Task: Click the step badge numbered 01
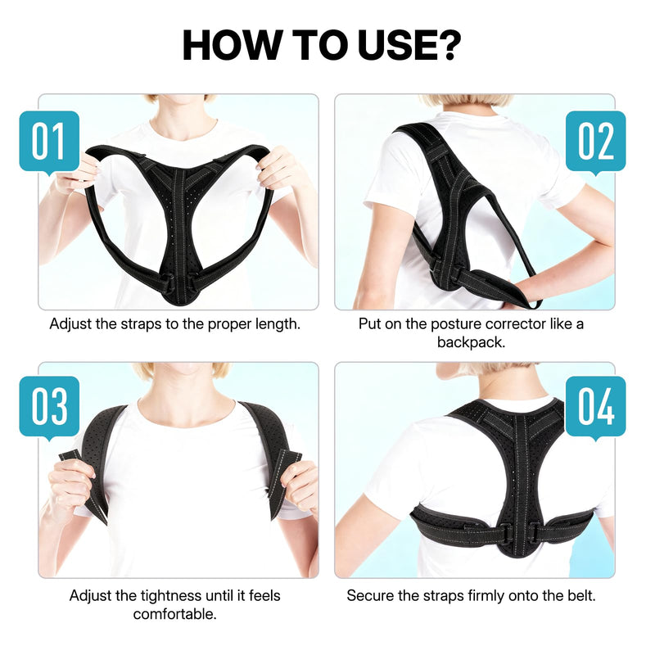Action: pos(49,141)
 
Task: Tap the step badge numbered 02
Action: pos(596,141)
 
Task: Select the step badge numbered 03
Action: pos(49,407)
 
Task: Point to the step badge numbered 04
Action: pos(596,407)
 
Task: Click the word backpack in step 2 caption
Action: pos(471,341)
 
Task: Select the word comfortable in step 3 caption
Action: pos(175,613)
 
